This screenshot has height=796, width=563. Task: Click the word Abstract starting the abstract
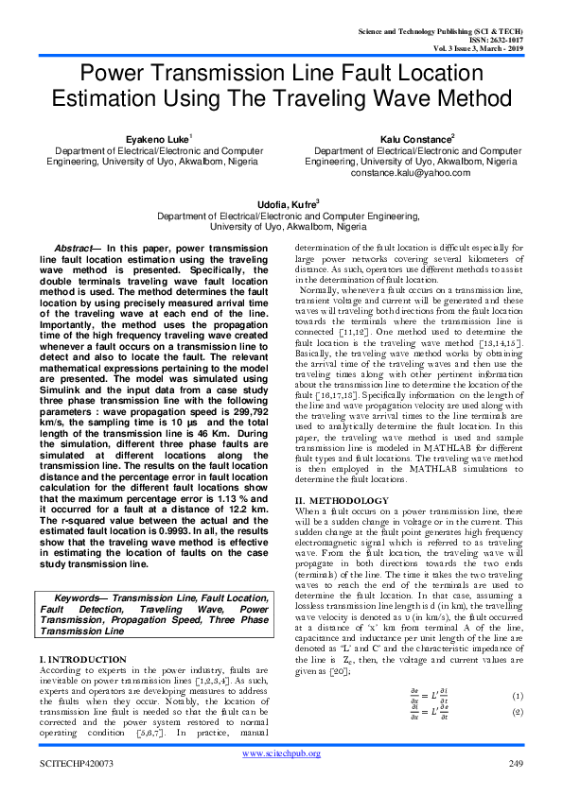(74, 247)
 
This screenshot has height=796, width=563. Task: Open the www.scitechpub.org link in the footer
(282, 753)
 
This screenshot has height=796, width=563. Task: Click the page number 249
(516, 763)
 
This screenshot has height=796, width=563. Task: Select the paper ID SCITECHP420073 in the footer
(77, 763)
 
